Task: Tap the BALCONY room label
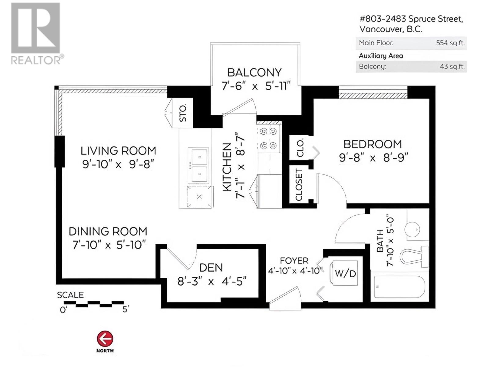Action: [x=254, y=73]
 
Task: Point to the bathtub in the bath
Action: [x=399, y=287]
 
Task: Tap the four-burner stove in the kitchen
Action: [x=268, y=139]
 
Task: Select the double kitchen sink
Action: [x=198, y=165]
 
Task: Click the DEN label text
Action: [x=211, y=268]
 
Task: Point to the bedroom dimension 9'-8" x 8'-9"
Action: [x=373, y=158]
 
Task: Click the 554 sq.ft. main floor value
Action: [x=450, y=43]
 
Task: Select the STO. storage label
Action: [x=183, y=113]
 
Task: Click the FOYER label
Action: [x=294, y=261]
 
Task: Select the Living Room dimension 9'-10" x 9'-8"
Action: [x=118, y=165]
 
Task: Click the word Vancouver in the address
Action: [x=380, y=29]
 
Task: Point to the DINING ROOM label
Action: [x=108, y=232]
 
